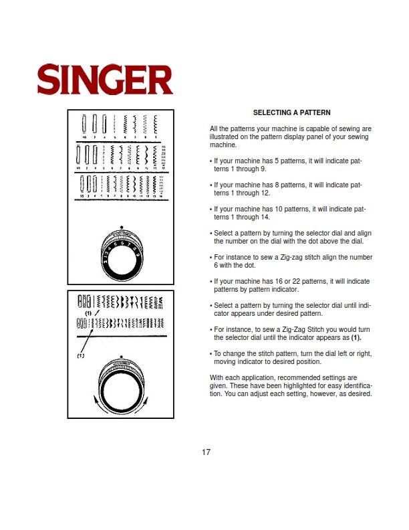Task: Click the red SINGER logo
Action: click(x=105, y=80)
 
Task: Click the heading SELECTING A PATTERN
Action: click(x=291, y=112)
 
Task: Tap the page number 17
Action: click(x=207, y=452)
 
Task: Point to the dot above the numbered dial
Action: click(x=121, y=227)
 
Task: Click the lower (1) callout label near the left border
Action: click(x=82, y=355)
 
